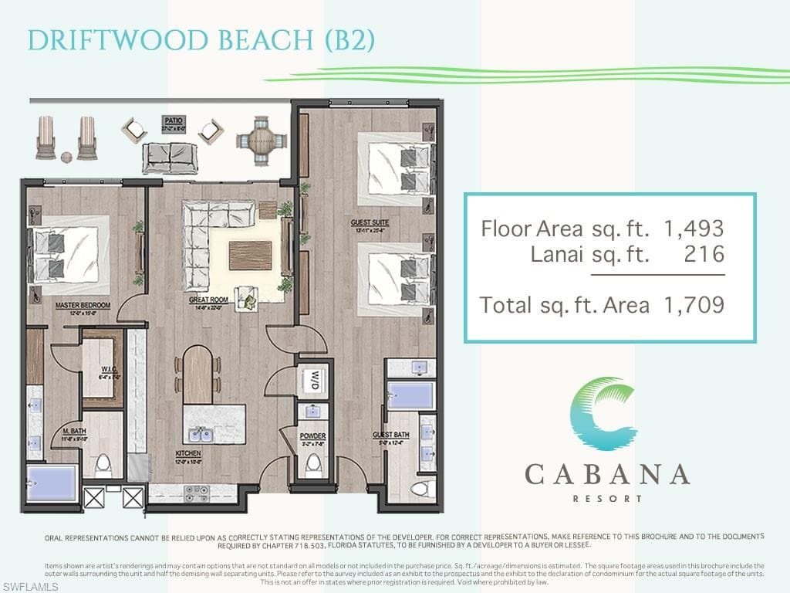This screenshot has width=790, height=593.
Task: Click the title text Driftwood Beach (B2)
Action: (x=201, y=40)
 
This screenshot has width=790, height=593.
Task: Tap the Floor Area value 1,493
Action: (x=694, y=229)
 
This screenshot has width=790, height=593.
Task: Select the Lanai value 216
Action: (x=704, y=255)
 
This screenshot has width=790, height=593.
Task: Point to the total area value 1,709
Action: (x=694, y=305)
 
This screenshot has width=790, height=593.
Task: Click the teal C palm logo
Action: (x=605, y=414)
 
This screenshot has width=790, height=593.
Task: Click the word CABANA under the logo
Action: (x=607, y=474)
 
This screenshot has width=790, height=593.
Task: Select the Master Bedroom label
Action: (x=83, y=306)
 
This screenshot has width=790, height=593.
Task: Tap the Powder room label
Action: (x=312, y=437)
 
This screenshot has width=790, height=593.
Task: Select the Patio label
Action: (x=173, y=120)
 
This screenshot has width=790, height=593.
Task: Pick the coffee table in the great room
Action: (x=250, y=255)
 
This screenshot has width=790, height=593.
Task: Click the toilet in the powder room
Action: (x=313, y=465)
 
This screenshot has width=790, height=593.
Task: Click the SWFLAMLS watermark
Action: (x=31, y=586)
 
